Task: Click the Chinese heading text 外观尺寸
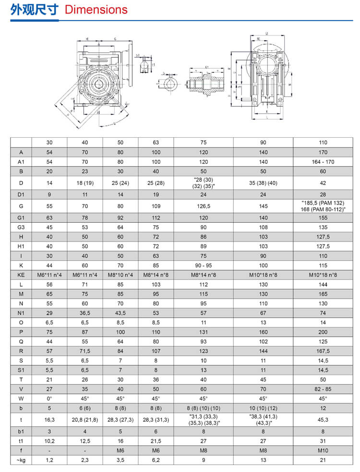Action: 34,10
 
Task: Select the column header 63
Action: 156,142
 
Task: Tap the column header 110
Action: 323,142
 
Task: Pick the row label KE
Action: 21,275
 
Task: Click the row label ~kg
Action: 21,460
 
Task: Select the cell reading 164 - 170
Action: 323,162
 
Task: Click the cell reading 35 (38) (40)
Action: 263,183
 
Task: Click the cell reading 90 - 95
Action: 203,266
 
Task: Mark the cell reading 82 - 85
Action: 323,389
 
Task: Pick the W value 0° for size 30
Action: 49,399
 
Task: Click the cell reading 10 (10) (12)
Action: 263,408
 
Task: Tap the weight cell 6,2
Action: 156,460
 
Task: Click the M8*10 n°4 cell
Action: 120,275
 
